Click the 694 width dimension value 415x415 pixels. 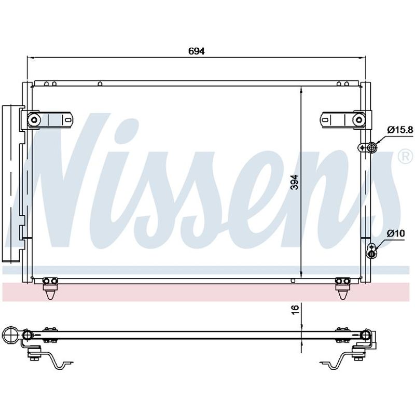pos(197,51)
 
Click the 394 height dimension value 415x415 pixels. pos(294,182)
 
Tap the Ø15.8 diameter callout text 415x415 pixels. pos(400,130)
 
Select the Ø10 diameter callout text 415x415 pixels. pos(396,233)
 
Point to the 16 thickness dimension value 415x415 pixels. pos(295,309)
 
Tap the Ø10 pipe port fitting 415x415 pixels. pos(371,251)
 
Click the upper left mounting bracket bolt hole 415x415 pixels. pos(34,120)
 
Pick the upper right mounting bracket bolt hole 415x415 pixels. pos(359,120)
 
